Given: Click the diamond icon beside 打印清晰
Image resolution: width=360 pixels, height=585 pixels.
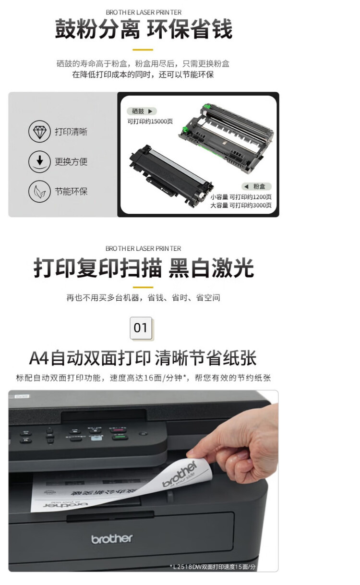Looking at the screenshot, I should [39, 132].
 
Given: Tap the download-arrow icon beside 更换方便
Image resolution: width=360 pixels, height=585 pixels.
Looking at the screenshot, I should [39, 161].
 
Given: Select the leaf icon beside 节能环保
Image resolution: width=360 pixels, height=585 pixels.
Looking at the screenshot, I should [39, 191].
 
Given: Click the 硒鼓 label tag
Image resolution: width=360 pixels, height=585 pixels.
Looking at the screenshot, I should [142, 111].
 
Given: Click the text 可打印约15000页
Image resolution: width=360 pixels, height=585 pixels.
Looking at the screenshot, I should [150, 122].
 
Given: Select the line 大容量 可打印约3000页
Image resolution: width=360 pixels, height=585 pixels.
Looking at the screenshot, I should [241, 206].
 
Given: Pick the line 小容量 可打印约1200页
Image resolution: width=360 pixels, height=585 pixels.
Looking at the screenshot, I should [241, 197].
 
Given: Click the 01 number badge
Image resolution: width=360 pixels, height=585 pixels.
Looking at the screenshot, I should [141, 328].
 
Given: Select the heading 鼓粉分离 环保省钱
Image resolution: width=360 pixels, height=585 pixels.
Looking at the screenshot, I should [144, 29].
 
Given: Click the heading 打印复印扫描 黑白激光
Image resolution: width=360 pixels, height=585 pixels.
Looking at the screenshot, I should [144, 268].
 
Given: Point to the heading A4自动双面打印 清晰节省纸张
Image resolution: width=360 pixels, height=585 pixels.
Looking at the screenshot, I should [143, 358].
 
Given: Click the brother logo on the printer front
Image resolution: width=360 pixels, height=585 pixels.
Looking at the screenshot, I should [112, 539].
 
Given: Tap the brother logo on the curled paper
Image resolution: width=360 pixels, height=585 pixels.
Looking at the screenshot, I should [180, 474].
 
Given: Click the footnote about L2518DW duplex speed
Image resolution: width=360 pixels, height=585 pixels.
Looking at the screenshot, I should [213, 567].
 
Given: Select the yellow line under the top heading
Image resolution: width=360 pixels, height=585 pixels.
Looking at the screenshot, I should [143, 49].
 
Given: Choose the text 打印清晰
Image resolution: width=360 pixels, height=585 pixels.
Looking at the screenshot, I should [71, 132].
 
